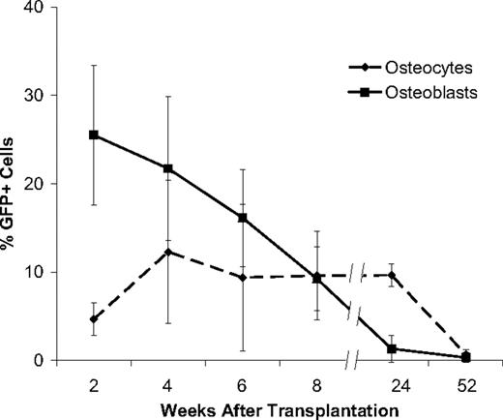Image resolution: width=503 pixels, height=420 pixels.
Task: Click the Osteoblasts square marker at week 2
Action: click(x=94, y=135)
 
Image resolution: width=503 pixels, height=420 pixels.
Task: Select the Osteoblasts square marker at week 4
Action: click(x=168, y=168)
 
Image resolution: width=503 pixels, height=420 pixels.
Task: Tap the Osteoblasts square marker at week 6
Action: click(x=243, y=218)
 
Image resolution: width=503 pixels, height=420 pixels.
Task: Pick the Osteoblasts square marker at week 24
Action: click(x=392, y=348)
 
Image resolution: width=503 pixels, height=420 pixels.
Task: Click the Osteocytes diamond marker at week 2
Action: click(x=94, y=319)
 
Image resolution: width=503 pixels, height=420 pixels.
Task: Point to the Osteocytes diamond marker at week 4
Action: click(x=168, y=252)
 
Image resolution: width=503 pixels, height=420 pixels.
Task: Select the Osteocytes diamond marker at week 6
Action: click(x=243, y=278)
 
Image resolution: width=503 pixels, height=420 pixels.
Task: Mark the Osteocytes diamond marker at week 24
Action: click(x=392, y=275)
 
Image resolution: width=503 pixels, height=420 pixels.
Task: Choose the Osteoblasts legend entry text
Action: click(x=420, y=93)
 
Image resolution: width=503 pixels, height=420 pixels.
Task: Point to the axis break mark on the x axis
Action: click(x=354, y=360)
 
